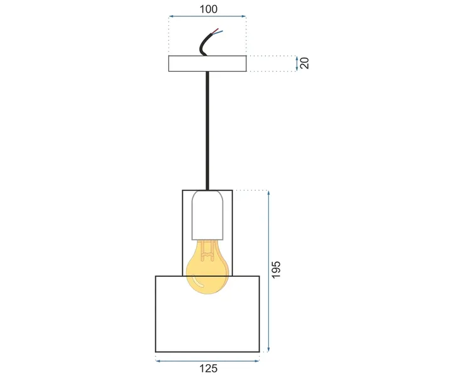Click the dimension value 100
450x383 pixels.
tap(207, 9)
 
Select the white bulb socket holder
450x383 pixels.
tap(207, 217)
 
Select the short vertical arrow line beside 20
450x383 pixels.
tap(297, 63)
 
